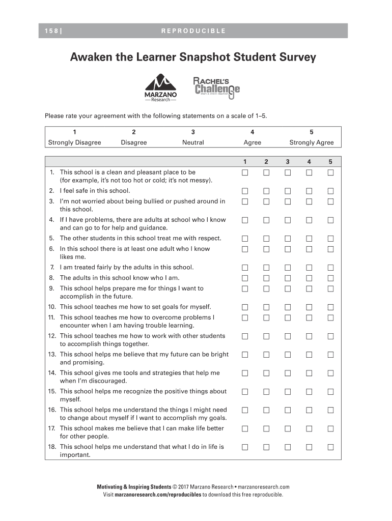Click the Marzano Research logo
point(160,88)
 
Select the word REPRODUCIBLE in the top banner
point(193,31)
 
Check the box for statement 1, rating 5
point(330,172)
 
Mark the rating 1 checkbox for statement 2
point(245,191)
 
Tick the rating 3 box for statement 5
point(288,238)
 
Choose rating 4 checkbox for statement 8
point(309,278)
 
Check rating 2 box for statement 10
point(266,307)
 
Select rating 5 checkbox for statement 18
point(330,447)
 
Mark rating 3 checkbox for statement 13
point(288,355)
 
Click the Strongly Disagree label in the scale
point(74,142)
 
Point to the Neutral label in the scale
point(193,142)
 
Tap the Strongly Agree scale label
point(312,142)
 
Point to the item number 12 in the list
point(52,336)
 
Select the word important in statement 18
point(75,455)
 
